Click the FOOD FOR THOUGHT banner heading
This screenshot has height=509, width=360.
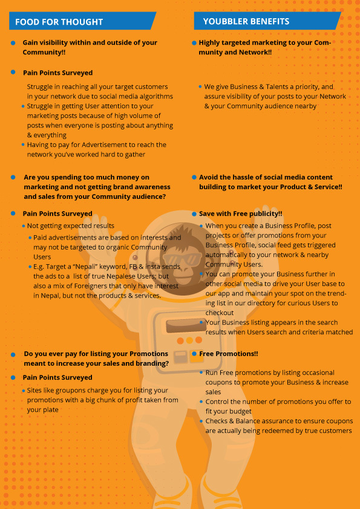[59, 22]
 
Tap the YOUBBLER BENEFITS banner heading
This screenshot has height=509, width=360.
[246, 21]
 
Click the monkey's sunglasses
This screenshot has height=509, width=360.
[182, 259]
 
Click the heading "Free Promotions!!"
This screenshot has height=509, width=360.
[229, 354]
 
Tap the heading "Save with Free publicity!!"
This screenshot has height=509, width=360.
[240, 213]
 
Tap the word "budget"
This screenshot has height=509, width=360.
[240, 412]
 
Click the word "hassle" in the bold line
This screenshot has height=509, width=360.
[232, 177]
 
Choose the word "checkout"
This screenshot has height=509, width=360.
[219, 313]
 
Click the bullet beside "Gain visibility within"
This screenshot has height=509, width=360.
[13, 42]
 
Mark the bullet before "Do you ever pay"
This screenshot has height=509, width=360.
[13, 354]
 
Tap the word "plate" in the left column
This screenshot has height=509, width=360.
[51, 410]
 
